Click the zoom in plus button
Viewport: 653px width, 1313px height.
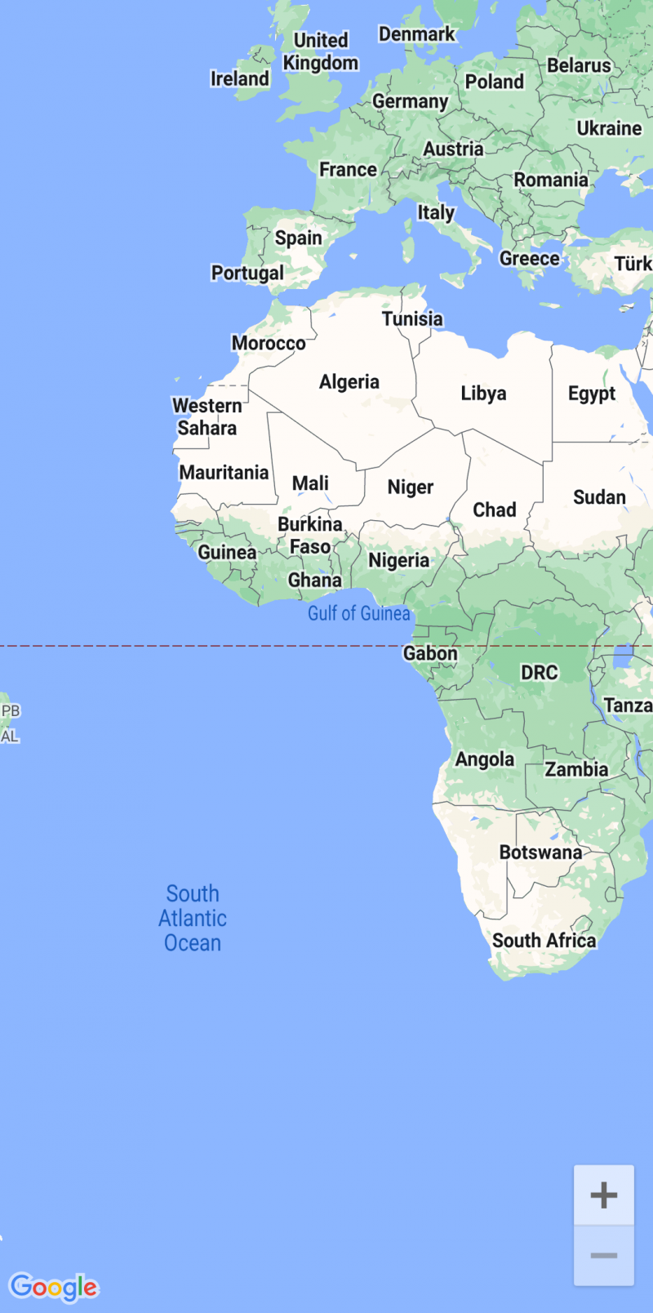[604, 1195]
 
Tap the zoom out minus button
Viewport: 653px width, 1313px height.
[604, 1256]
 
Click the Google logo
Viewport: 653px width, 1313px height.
[54, 1288]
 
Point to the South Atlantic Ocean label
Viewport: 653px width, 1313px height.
[193, 919]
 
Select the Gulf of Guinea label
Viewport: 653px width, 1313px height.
[358, 614]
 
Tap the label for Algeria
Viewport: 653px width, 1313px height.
[349, 382]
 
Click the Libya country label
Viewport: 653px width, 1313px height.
[483, 394]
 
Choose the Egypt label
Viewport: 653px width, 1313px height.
[592, 394]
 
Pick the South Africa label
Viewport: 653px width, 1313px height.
[544, 941]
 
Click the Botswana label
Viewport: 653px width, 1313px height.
[540, 852]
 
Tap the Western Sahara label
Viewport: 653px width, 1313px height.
[207, 416]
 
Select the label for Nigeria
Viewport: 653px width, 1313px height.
[398, 560]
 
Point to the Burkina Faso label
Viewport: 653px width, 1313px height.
[310, 536]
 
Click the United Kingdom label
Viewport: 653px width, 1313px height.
[321, 51]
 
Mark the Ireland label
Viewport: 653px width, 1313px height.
[239, 78]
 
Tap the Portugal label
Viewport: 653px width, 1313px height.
[247, 273]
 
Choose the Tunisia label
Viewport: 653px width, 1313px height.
[412, 318]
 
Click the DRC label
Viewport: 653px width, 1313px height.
[540, 673]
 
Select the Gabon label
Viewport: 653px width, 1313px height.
[430, 653]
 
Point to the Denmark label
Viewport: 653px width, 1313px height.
[416, 34]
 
